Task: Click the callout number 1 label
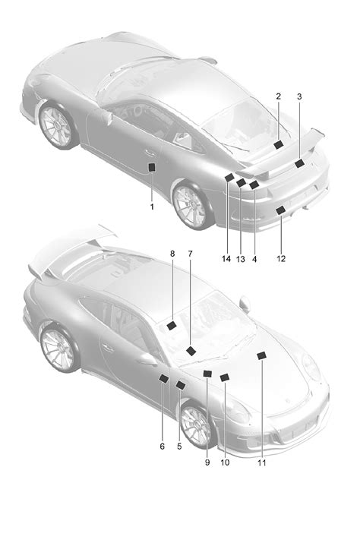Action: [152, 207]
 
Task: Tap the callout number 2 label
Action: [278, 96]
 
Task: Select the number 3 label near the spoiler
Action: [299, 96]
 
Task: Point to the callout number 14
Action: [226, 259]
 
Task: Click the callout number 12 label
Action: [281, 259]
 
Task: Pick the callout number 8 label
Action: [172, 254]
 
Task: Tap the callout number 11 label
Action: [261, 462]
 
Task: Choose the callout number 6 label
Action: [163, 446]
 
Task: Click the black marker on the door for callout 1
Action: [152, 167]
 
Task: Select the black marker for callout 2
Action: [278, 145]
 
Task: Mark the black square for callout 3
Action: [299, 163]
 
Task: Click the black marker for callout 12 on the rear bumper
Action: [280, 210]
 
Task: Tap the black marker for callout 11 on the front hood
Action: [261, 355]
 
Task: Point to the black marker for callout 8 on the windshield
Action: [172, 326]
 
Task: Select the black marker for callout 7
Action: [191, 351]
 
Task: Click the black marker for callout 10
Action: [225, 377]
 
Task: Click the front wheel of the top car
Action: [56, 125]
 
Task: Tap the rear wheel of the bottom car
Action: [58, 349]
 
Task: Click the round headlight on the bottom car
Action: [311, 368]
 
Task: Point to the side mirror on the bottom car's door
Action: [147, 359]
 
